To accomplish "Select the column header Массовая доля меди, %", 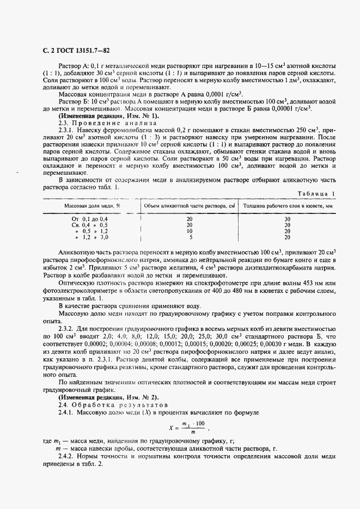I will pos(92,206).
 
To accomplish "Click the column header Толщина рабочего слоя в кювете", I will pos(287,206).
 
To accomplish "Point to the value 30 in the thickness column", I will pos(287,218).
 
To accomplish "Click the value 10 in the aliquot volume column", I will pos(190,231).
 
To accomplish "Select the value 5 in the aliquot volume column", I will pos(190,237).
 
